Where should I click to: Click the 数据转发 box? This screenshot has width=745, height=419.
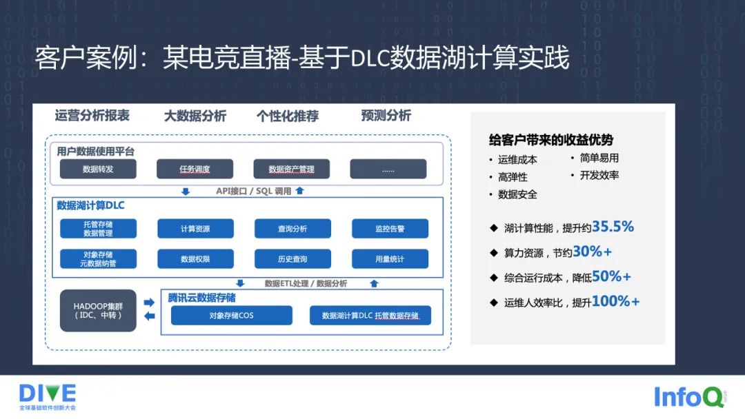[x=98, y=169]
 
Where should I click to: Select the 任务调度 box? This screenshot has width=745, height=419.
[x=195, y=169]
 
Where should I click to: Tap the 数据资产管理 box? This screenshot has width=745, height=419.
[x=291, y=169]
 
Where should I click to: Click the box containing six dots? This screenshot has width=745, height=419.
[x=388, y=169]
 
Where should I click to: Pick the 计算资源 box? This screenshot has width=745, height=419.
[x=195, y=229]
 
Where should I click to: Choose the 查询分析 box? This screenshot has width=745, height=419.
[x=292, y=229]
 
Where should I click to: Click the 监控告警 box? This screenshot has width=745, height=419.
[x=390, y=229]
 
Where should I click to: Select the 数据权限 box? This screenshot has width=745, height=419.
[x=195, y=259]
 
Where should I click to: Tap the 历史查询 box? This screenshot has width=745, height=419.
[x=292, y=259]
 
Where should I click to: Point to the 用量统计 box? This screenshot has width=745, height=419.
[x=390, y=259]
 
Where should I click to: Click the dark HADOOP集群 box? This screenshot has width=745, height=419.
[x=98, y=310]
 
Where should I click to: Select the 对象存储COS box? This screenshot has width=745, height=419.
[x=231, y=316]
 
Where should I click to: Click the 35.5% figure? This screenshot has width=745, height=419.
[x=613, y=227]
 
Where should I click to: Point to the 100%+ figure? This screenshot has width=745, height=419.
[x=615, y=301]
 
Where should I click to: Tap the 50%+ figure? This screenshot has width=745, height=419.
[x=611, y=276]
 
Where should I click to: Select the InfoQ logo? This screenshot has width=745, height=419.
[x=688, y=397]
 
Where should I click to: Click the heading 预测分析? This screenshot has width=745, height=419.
[x=386, y=116]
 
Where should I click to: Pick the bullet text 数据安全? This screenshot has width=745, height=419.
[x=517, y=194]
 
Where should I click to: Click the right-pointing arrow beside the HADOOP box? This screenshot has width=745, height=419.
[x=148, y=303]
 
